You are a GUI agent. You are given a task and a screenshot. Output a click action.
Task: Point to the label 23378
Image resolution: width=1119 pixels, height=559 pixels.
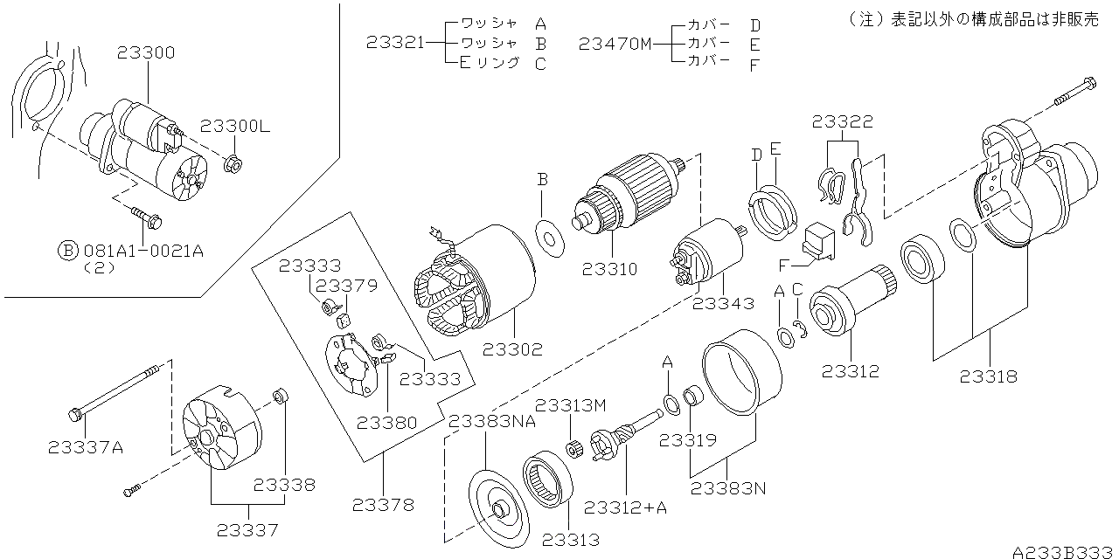pyautogui.click(x=384, y=504)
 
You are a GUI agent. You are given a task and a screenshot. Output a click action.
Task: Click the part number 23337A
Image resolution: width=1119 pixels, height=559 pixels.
pyautogui.click(x=86, y=447)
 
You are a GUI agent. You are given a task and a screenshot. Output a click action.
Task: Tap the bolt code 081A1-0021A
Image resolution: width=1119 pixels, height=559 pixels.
pyautogui.click(x=143, y=251)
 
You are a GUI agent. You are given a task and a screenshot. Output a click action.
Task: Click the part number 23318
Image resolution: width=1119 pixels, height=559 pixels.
pyautogui.click(x=988, y=377)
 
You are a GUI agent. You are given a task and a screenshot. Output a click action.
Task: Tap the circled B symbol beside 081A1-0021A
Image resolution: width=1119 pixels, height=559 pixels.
pyautogui.click(x=68, y=251)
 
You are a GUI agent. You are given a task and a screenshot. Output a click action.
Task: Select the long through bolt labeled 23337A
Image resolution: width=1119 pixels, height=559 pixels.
pyautogui.click(x=114, y=391)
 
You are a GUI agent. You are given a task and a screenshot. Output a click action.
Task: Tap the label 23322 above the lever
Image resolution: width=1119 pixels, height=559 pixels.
pyautogui.click(x=842, y=122)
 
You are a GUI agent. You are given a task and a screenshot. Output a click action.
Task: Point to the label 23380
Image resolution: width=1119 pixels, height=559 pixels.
pyautogui.click(x=386, y=422)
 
